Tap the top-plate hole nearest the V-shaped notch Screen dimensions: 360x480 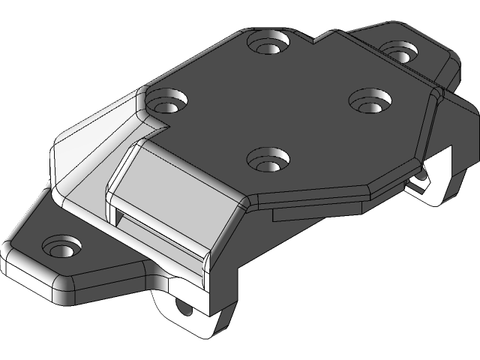tap(271, 43)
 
